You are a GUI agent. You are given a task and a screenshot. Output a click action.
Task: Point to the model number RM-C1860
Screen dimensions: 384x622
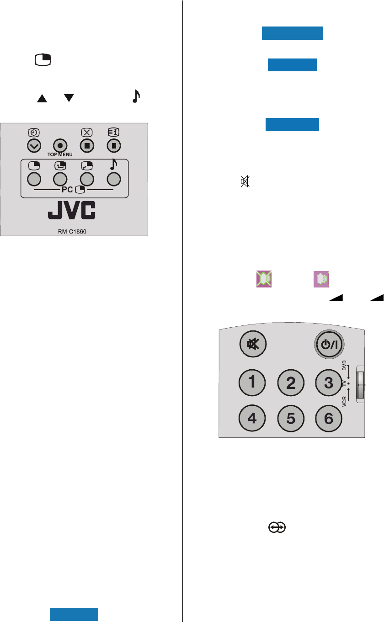(x=75, y=231)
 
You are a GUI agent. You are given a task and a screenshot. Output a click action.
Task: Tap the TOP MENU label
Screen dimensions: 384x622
(x=60, y=154)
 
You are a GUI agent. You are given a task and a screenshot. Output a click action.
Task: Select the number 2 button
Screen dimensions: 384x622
(x=291, y=382)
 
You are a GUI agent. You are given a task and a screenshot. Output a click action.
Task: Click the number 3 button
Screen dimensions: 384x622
(x=329, y=382)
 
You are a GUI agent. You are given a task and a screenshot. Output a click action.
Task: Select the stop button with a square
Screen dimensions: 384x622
(x=86, y=145)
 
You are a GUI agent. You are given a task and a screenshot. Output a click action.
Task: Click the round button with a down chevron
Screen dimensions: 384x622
(x=34, y=145)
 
